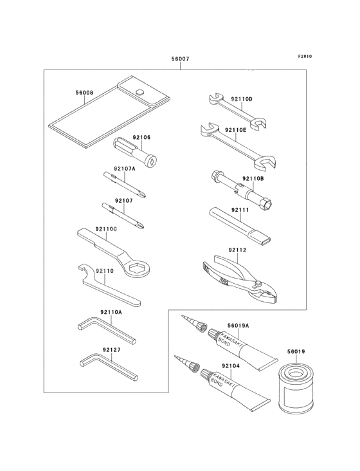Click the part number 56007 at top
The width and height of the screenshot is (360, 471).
pos(180,59)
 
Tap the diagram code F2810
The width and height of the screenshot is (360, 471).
pos(305,56)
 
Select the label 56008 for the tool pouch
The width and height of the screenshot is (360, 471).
pos(84,93)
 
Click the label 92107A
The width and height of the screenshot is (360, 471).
pos(125,169)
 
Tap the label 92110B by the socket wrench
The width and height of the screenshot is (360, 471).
pos(253,179)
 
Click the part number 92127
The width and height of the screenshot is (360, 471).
pos(111,351)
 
